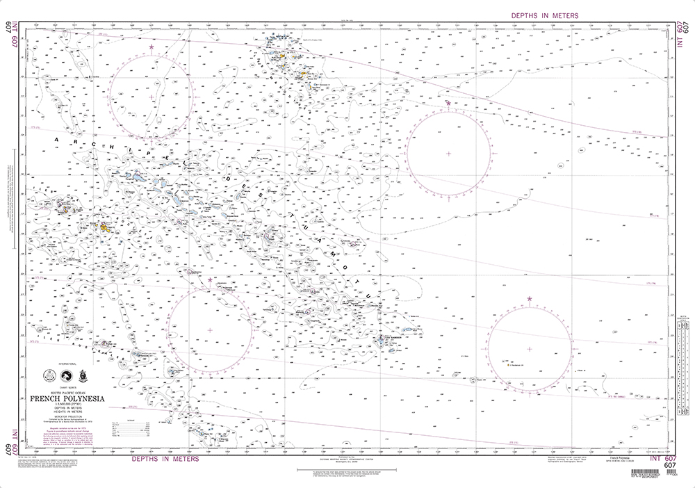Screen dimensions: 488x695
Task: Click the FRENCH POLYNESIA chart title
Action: click(67, 398)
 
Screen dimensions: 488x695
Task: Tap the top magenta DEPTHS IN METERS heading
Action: click(544, 15)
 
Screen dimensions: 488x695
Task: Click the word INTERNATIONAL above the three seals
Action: click(67, 364)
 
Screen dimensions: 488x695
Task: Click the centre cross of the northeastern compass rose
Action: click(448, 154)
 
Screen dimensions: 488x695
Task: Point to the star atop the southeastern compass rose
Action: click(530, 299)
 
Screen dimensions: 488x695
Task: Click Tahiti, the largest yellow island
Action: click(104, 226)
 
